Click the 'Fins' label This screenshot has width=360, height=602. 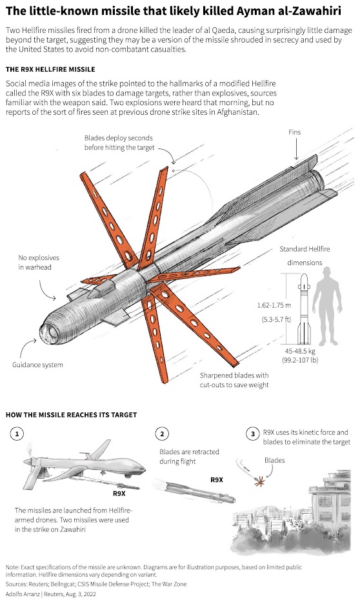[x=294, y=132]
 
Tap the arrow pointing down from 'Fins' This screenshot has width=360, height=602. [x=296, y=149]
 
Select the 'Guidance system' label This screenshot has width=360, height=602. [x=37, y=365]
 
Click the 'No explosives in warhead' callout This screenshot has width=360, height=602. [x=39, y=262]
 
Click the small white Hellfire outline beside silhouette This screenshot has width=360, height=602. [x=304, y=309]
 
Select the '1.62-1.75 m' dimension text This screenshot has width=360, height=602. [x=274, y=305]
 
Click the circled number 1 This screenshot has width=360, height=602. [x=17, y=434]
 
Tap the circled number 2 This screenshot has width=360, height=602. [x=162, y=434]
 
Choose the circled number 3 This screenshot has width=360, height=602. [x=252, y=434]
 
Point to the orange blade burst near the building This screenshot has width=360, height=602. [x=260, y=481]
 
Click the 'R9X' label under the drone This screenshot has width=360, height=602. [x=119, y=494]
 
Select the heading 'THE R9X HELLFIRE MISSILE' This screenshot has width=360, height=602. [x=50, y=70]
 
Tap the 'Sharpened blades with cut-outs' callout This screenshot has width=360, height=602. [x=234, y=380]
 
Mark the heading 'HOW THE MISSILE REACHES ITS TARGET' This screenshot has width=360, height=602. [x=72, y=415]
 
